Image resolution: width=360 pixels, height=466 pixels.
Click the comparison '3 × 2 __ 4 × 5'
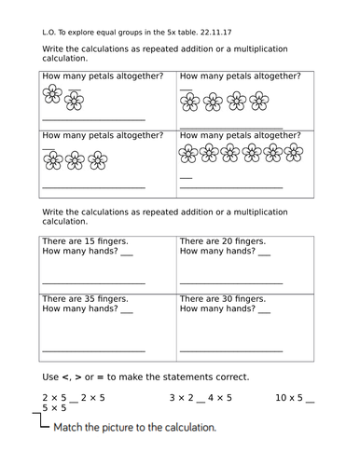click(201, 397)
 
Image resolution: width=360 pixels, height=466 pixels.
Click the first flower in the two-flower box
click(52, 95)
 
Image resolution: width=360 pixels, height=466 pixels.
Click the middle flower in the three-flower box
click(76, 159)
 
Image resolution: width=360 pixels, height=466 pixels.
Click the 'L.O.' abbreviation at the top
click(49, 30)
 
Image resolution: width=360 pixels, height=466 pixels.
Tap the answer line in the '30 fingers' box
click(230, 349)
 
